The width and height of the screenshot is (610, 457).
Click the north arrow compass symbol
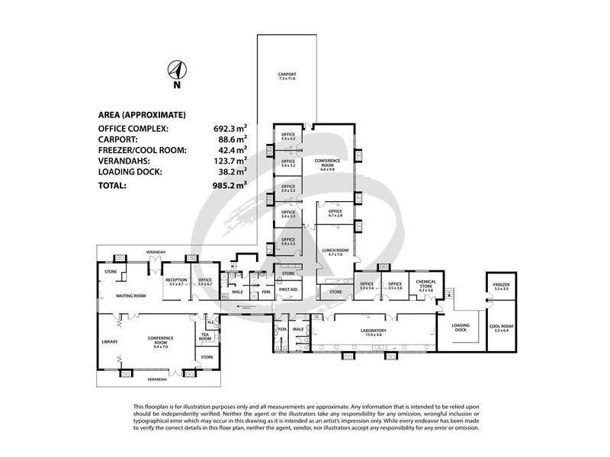175,72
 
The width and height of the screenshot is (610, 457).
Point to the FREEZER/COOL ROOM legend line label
143,150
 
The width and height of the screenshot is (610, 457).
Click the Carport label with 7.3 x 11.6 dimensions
287,76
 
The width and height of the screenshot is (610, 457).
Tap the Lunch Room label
336,252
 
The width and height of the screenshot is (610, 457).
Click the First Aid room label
288,291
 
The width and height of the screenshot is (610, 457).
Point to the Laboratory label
374,331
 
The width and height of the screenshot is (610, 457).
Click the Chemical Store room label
425,284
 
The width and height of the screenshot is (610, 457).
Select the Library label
109,342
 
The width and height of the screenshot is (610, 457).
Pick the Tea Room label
205,336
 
